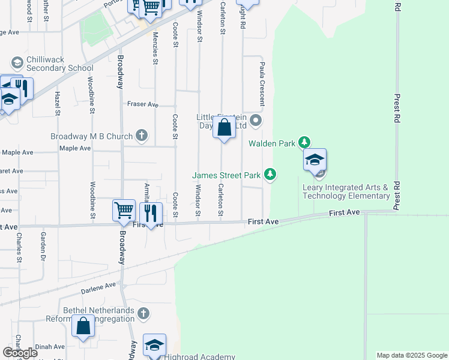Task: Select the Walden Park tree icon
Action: [306, 142]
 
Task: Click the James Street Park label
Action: [226, 175]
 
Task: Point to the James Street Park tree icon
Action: [271, 174]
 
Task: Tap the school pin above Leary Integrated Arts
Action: [315, 161]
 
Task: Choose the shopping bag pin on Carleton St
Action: [224, 128]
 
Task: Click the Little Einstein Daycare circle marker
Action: [256, 121]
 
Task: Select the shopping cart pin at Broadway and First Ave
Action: [124, 211]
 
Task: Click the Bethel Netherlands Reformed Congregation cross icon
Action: [143, 313]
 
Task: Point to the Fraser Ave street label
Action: [142, 104]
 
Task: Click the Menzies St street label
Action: [155, 49]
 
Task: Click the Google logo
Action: [20, 352]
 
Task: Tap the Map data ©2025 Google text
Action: [411, 355]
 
